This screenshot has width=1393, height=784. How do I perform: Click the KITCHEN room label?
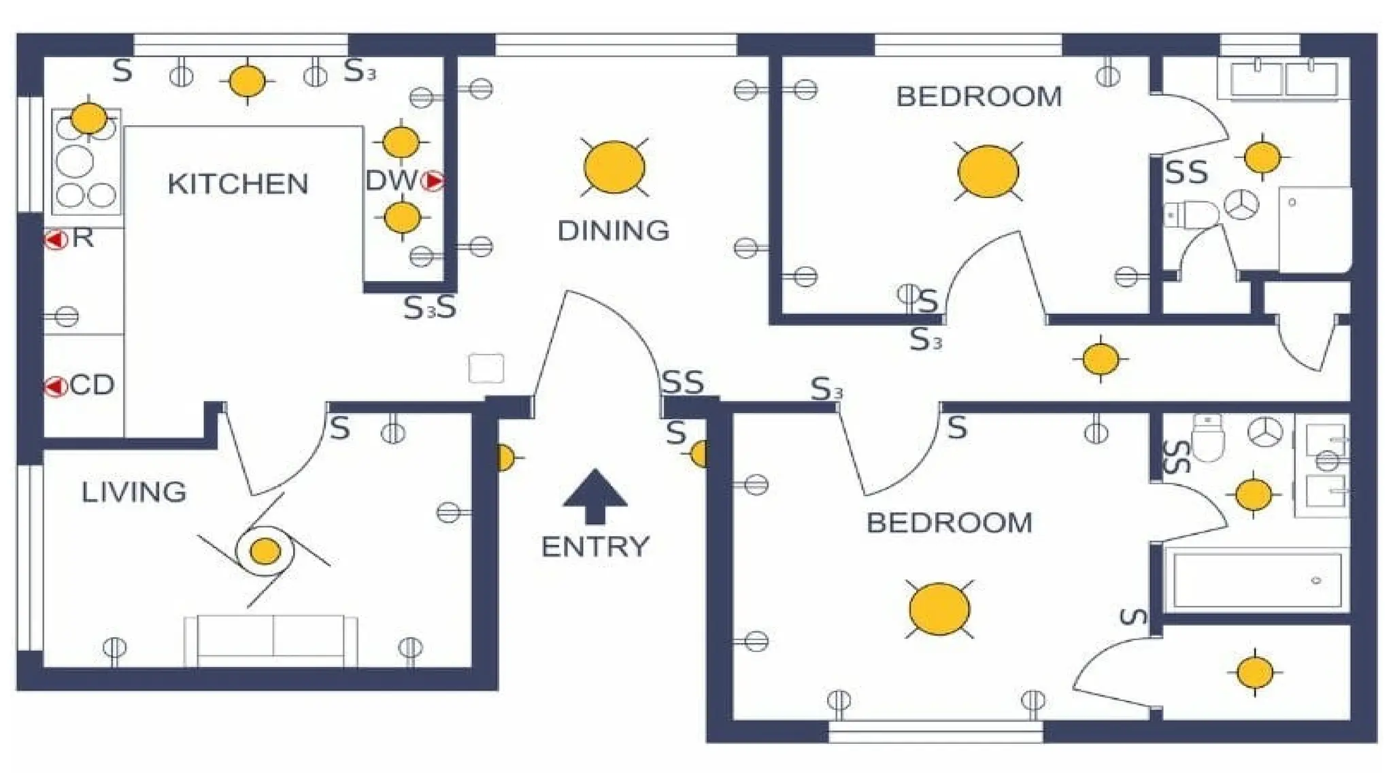click(238, 184)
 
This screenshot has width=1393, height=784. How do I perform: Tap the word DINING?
click(614, 231)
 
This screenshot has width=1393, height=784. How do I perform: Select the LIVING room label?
click(134, 492)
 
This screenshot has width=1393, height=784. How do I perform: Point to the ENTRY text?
click(595, 546)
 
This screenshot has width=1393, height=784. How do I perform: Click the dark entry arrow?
click(595, 496)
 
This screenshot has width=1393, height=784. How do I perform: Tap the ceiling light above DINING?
click(614, 167)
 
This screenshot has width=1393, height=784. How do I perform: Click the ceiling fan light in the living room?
click(265, 551)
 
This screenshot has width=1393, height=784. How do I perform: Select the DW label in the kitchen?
click(392, 181)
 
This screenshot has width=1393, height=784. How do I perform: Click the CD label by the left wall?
click(92, 385)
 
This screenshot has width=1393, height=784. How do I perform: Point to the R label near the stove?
click(82, 238)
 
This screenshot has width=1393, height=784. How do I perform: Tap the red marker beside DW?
click(433, 181)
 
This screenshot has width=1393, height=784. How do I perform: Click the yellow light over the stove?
click(88, 118)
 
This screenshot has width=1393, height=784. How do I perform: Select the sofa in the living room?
click(271, 641)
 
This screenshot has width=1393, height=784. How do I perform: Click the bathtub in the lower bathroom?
click(1255, 580)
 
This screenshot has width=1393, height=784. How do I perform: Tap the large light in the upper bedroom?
click(988, 171)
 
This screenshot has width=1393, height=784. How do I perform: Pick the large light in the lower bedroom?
click(939, 609)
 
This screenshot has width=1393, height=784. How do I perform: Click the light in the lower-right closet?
click(1255, 672)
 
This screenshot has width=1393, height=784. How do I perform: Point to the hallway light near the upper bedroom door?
click(1101, 359)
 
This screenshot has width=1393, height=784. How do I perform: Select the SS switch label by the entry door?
click(683, 382)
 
